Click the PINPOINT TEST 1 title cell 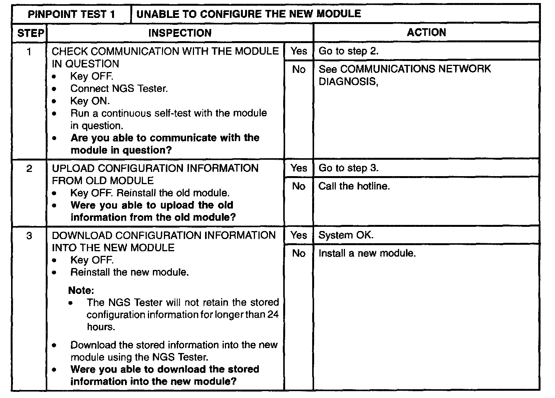click(71, 14)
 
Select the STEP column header click(30, 33)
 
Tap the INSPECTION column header click(180, 33)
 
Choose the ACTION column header click(426, 32)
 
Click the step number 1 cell click(29, 51)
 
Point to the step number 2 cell click(29, 169)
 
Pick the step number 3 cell click(29, 236)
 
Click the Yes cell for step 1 click(298, 51)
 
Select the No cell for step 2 click(298, 186)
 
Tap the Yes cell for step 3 click(298, 235)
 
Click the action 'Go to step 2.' click(348, 51)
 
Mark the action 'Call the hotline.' click(354, 186)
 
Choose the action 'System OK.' click(346, 235)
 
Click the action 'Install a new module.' click(367, 253)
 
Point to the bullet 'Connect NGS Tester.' click(119, 89)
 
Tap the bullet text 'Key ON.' click(90, 101)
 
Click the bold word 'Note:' click(81, 290)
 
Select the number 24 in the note click(273, 315)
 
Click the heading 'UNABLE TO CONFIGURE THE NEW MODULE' click(249, 14)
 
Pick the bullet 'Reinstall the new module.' click(130, 273)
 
